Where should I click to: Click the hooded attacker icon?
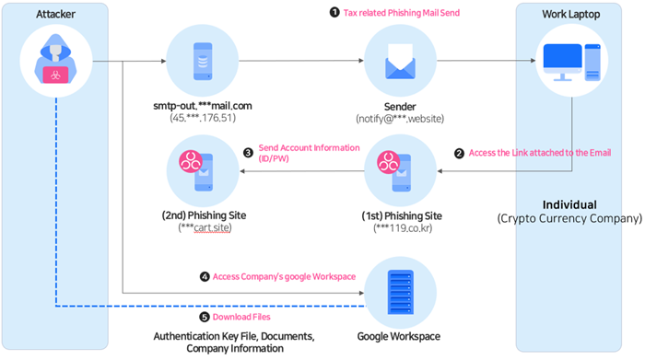tap(55, 59)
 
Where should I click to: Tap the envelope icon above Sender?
tap(400, 62)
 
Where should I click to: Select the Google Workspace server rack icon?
tap(400, 292)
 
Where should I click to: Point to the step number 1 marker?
tap(334, 12)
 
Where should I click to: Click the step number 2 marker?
tap(459, 153)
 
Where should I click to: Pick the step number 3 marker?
tap(248, 153)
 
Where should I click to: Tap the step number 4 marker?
tap(205, 276)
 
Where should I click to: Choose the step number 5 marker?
tap(205, 317)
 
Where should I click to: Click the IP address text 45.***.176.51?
tap(203, 118)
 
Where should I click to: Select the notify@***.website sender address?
tap(400, 119)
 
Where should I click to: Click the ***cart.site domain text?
tap(205, 227)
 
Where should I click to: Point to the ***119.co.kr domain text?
tap(403, 228)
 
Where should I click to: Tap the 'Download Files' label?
tap(241, 317)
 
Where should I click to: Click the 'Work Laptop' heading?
tap(571, 14)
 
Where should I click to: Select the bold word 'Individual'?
tap(569, 204)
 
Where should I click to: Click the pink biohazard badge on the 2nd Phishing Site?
tap(191, 161)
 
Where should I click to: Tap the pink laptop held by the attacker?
tap(55, 75)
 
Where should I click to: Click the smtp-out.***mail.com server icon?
tap(203, 61)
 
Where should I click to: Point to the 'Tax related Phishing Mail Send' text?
tap(402, 13)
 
